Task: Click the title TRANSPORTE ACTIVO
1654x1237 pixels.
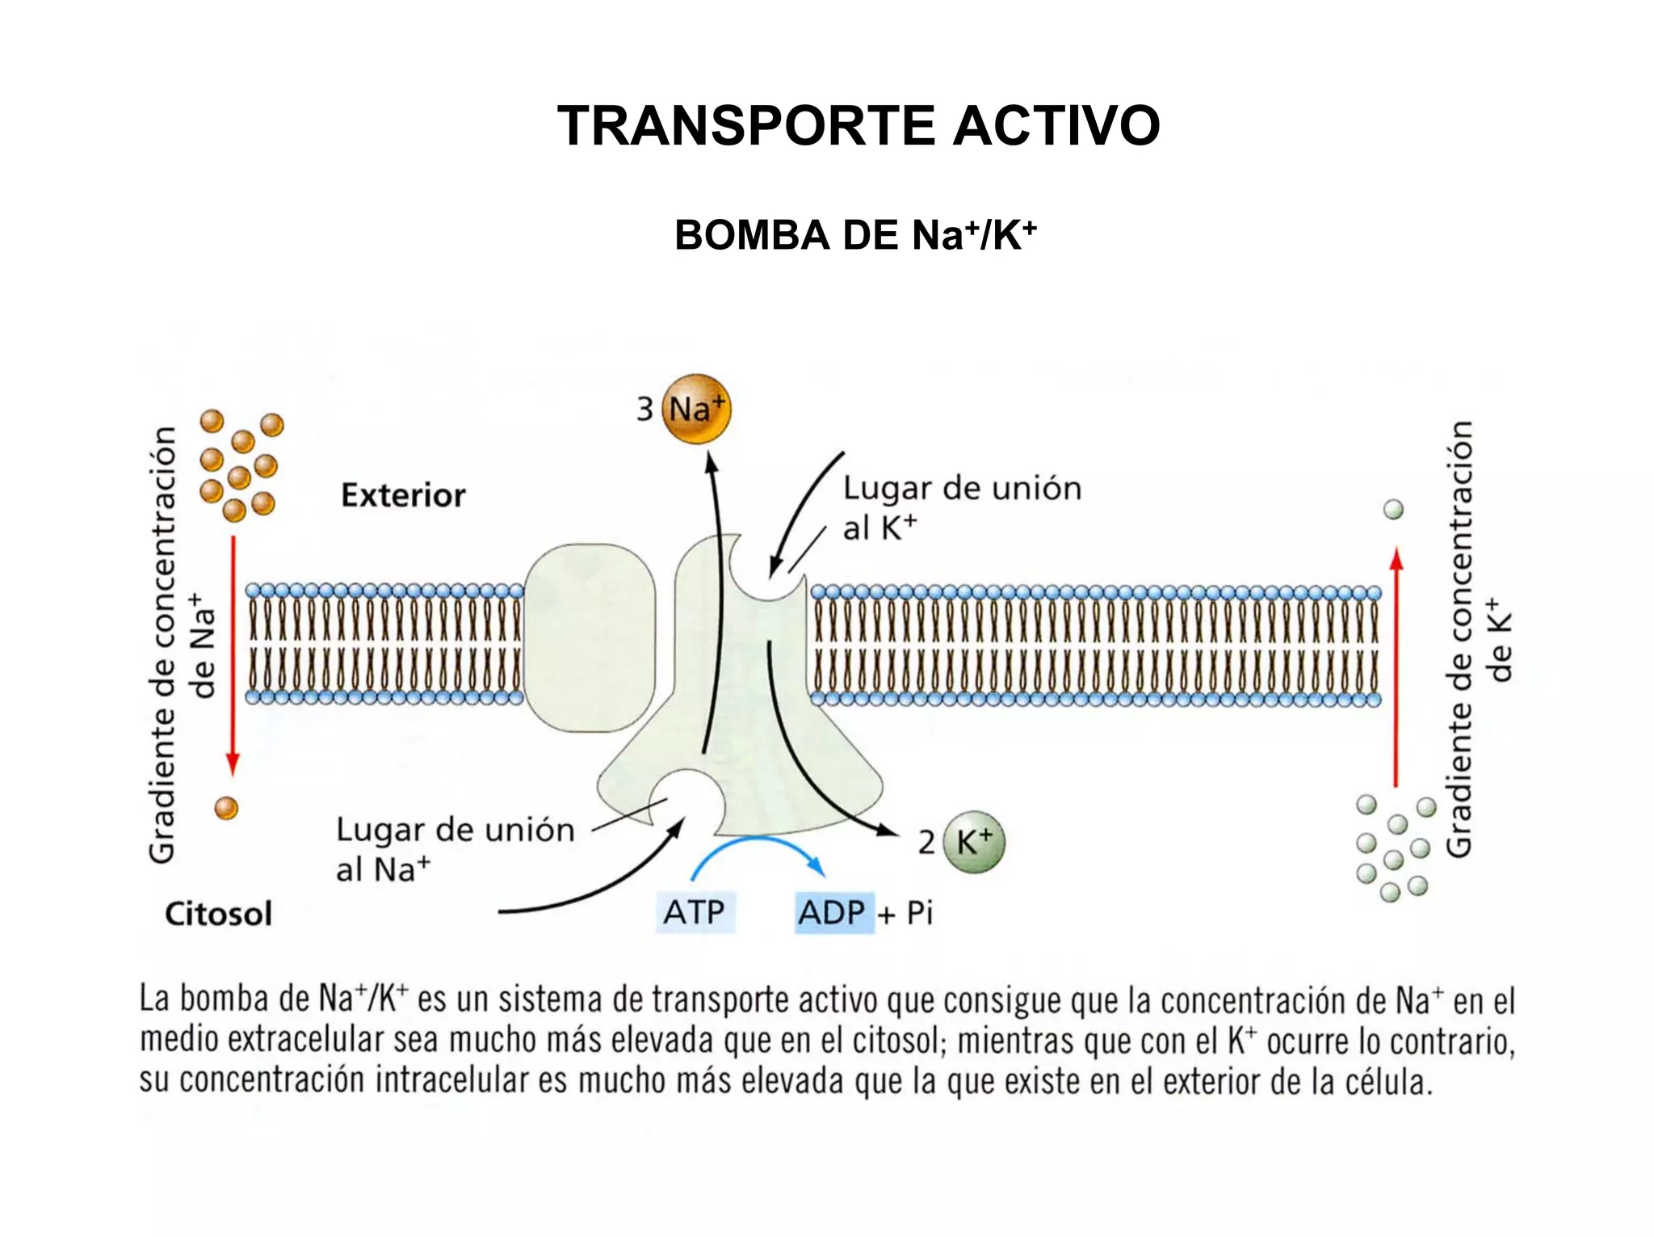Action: tap(858, 126)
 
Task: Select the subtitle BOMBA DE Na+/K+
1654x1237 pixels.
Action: tap(854, 236)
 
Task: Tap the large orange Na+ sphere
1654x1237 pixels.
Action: tap(696, 409)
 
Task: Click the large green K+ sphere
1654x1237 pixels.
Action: tap(974, 842)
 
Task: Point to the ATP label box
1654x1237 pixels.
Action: tap(695, 913)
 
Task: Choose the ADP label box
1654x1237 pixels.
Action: tap(833, 913)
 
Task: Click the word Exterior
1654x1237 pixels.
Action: tap(403, 495)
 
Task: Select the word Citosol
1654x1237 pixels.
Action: tap(218, 914)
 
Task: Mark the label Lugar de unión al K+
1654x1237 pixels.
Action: tap(961, 507)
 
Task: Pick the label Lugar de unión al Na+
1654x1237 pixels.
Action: tap(455, 848)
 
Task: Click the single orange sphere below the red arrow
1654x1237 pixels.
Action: tap(226, 807)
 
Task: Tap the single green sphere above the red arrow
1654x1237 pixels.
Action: tap(1393, 509)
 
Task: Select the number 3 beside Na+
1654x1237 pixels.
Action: tap(644, 409)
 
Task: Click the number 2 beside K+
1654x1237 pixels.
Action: tap(926, 843)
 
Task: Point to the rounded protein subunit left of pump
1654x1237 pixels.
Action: tap(590, 638)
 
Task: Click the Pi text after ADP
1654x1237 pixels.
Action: tap(919, 913)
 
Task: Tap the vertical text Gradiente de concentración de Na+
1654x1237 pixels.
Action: tap(182, 645)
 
